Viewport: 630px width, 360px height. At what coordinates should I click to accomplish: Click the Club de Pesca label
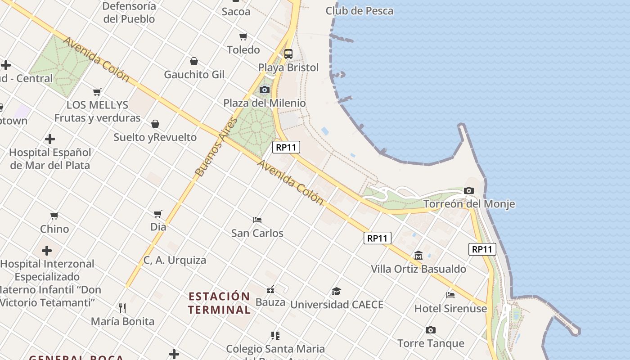click(x=359, y=11)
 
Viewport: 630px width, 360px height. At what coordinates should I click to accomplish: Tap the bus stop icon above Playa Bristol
click(x=288, y=54)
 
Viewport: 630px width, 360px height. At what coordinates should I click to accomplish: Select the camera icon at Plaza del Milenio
click(x=265, y=90)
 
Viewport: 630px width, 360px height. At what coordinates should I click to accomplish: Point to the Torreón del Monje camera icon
click(x=468, y=190)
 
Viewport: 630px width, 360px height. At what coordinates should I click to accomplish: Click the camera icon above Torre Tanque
click(x=430, y=330)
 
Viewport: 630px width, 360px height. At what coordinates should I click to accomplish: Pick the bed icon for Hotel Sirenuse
click(x=450, y=295)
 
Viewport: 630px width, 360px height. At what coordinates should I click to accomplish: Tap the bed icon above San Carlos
click(x=257, y=220)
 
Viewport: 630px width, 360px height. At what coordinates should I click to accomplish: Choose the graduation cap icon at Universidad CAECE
click(x=336, y=291)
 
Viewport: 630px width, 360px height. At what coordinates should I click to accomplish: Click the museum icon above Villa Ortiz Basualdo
click(x=418, y=256)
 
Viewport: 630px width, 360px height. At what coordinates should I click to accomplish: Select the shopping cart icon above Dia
click(x=158, y=214)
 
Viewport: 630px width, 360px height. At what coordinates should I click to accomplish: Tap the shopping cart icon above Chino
click(x=54, y=216)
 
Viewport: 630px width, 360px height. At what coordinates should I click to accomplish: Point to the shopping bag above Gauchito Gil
click(x=194, y=61)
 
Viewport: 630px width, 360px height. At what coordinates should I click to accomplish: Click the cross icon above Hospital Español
click(x=50, y=139)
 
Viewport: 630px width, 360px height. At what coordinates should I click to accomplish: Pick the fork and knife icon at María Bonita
click(x=122, y=308)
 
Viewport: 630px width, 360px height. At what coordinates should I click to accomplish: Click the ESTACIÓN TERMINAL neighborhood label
click(x=219, y=303)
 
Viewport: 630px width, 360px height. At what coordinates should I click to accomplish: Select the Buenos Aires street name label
click(x=216, y=146)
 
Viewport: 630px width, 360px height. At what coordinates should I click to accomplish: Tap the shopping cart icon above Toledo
click(x=243, y=36)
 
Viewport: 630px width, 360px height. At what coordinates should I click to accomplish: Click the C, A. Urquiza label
click(x=175, y=260)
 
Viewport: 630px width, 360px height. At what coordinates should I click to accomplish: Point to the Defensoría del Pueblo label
click(x=129, y=13)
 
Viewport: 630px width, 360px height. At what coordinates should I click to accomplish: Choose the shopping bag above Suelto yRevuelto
click(x=155, y=124)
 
